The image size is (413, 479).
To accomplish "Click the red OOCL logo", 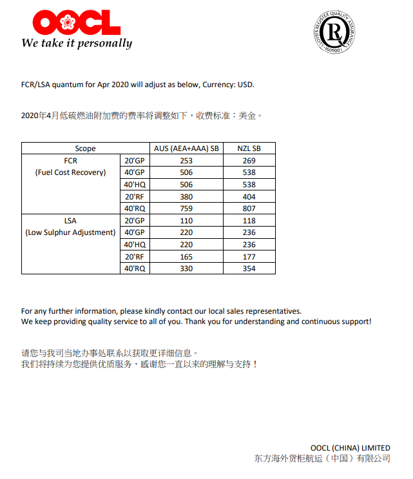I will point(76,22).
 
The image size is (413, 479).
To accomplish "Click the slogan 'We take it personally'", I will point(77,43).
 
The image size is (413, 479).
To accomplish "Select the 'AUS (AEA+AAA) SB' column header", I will point(186,148).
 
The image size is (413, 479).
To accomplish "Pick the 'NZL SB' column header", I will point(249,148).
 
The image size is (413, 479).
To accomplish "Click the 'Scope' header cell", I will point(85,148).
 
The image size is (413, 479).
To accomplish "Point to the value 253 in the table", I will point(186,160).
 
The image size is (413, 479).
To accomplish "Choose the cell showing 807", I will point(249,209).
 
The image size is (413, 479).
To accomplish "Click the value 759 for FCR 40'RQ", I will point(186,209).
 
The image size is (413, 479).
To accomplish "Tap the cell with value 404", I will point(249,197).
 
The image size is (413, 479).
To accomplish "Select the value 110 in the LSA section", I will point(186,221).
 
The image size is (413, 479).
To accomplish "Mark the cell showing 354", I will point(249,269).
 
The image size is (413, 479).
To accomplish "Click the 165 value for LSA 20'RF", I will point(186,257).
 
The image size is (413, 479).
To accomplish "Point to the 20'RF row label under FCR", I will point(135,197).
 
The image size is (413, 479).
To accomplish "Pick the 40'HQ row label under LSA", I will point(135,245).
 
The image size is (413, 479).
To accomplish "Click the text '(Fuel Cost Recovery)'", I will point(70,172).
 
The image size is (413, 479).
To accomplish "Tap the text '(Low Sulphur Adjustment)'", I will point(70,232).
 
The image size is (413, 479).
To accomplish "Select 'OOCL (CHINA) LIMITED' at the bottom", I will point(350,447).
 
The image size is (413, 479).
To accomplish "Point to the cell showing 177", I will point(249,257).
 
